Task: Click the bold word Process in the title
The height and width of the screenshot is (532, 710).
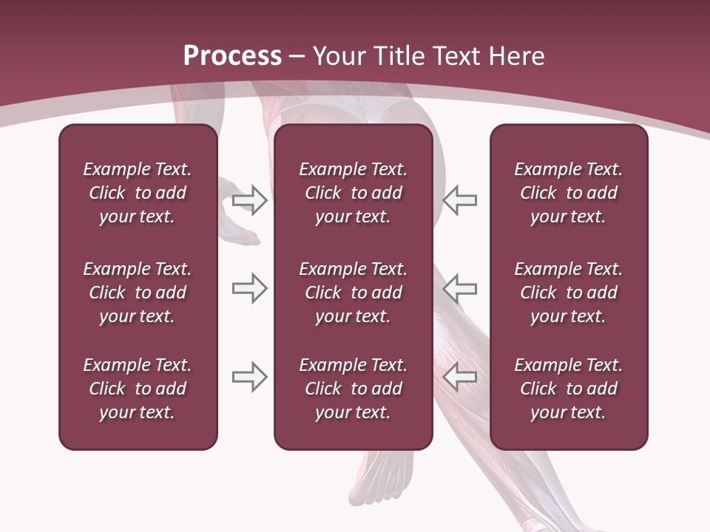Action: (x=232, y=56)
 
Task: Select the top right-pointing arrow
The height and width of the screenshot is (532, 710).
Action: (x=250, y=200)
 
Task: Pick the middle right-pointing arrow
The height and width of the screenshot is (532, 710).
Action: (x=250, y=288)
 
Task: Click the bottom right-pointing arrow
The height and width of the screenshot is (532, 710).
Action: (x=250, y=377)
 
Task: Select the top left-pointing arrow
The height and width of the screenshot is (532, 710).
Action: (x=460, y=200)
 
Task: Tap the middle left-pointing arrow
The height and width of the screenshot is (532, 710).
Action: (x=460, y=288)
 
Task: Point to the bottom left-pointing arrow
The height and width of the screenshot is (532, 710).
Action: (x=460, y=377)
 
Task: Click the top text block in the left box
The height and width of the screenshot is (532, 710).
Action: (x=138, y=193)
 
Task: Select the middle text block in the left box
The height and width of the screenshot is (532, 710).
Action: (x=138, y=293)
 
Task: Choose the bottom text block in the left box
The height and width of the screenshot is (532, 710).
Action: (x=138, y=389)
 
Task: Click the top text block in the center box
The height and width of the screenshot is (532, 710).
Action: (x=353, y=193)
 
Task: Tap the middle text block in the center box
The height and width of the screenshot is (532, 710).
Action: (x=353, y=293)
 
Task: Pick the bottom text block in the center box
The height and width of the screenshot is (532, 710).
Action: (x=353, y=389)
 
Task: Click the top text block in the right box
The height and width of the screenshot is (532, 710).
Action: (x=568, y=193)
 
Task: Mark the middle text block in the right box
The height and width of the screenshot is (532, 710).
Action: (x=568, y=293)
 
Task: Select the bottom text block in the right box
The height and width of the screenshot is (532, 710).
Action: (x=568, y=389)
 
